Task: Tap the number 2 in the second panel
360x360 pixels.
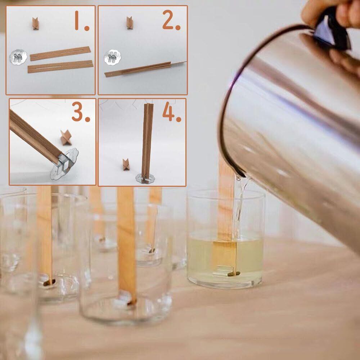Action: tap(171, 20)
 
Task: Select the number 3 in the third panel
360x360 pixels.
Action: tap(81, 112)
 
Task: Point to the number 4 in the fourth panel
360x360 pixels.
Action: tap(172, 112)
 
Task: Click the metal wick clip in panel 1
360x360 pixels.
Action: tap(18, 57)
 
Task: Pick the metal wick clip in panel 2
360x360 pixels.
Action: tap(112, 57)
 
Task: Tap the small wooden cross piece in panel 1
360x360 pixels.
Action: tap(35, 24)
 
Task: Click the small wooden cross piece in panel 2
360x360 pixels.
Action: tap(130, 23)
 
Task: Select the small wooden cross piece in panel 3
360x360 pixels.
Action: tap(66, 138)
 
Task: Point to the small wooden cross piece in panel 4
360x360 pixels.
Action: tap(126, 165)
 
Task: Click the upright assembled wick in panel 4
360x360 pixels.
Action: tap(147, 141)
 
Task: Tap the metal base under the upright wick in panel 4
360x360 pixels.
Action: tap(145, 179)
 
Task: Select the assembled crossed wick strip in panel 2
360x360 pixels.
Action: tap(145, 69)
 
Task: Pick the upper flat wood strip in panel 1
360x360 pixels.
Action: tap(60, 54)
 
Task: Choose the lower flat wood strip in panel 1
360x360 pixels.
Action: tap(60, 67)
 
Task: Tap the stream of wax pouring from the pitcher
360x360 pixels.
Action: tap(239, 207)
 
